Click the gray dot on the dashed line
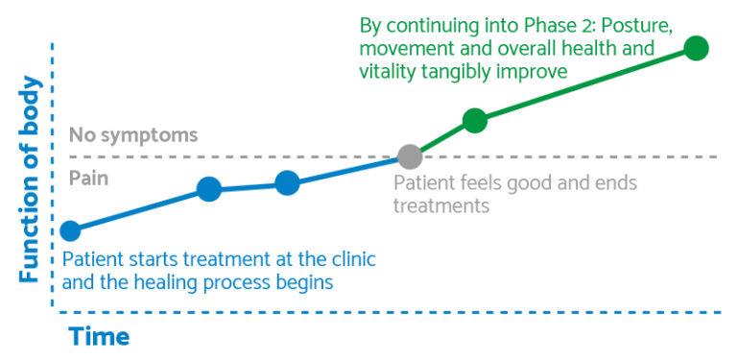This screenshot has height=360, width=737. (x=410, y=156)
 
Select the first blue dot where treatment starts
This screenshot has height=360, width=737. (x=70, y=230)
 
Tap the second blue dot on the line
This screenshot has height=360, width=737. (x=209, y=189)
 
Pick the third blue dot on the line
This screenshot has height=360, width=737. (x=287, y=182)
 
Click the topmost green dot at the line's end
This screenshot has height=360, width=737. (x=697, y=47)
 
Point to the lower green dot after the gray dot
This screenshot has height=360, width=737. (x=475, y=120)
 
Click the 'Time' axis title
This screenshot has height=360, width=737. (x=98, y=337)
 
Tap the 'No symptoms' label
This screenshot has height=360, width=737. (x=133, y=135)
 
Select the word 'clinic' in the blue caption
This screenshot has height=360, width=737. (x=348, y=259)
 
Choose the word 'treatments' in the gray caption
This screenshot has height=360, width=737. (x=442, y=205)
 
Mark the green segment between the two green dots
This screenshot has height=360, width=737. (x=585, y=84)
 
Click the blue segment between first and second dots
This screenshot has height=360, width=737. (x=139, y=209)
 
